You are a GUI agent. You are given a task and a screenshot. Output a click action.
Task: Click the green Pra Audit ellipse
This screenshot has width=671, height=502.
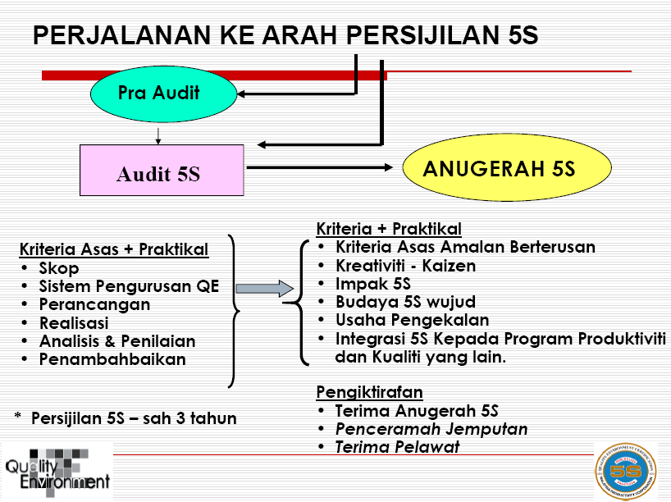pyautogui.click(x=158, y=92)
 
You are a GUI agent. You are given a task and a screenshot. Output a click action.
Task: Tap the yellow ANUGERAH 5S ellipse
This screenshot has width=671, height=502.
pyautogui.click(x=507, y=169)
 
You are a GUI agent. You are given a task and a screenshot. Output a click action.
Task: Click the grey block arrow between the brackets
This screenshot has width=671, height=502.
pyautogui.click(x=264, y=289)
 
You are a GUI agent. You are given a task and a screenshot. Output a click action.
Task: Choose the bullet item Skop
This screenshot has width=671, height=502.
pyautogui.click(x=59, y=268)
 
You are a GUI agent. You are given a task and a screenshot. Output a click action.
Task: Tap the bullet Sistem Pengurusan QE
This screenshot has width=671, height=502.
pyautogui.click(x=129, y=286)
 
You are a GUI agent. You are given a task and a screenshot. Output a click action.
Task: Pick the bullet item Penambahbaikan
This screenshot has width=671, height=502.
pyautogui.click(x=112, y=359)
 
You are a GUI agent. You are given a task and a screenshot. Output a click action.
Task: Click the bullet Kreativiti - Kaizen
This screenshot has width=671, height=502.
pyautogui.click(x=405, y=266)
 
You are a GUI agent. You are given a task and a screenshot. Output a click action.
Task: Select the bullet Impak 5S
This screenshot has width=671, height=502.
pyautogui.click(x=373, y=284)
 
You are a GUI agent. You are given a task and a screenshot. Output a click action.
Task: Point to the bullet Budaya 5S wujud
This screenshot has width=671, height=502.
pyautogui.click(x=405, y=302)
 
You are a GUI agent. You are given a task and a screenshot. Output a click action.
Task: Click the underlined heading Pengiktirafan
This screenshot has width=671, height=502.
pyautogui.click(x=370, y=392)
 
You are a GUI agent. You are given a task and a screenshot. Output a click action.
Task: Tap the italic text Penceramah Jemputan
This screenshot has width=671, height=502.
pyautogui.click(x=431, y=429)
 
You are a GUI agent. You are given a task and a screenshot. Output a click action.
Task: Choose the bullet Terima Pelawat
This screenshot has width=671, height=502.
pyautogui.click(x=397, y=447)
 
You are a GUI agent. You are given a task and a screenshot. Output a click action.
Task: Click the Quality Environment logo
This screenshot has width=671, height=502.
pyautogui.click(x=56, y=471)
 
